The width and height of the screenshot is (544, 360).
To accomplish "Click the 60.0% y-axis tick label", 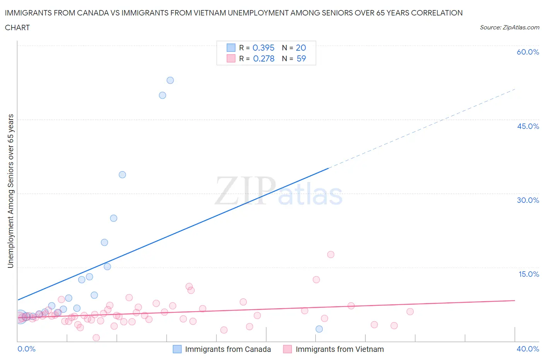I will click(528, 52).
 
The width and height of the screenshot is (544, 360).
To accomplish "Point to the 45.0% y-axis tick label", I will click(528, 126).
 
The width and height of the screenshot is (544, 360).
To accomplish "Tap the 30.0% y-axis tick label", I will click(528, 200).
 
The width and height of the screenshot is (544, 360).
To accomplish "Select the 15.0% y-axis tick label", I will click(529, 274).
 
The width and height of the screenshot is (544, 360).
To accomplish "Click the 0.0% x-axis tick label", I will click(26, 349).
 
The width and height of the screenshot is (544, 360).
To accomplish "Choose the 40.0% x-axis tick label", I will click(528, 349).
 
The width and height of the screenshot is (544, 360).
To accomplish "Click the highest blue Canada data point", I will click(170, 81).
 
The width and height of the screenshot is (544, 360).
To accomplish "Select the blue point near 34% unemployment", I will click(122, 175).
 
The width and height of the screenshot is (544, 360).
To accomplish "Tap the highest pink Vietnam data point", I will click(331, 254).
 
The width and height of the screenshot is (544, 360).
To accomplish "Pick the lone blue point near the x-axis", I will click(319, 329).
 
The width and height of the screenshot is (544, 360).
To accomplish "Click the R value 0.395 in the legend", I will click(263, 48).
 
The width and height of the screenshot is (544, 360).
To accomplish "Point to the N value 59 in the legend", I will click(301, 58).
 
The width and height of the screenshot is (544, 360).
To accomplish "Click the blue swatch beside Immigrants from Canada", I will click(177, 349).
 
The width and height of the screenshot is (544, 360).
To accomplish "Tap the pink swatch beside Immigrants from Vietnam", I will click(287, 349).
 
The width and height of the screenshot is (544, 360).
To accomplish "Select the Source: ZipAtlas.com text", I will click(509, 27).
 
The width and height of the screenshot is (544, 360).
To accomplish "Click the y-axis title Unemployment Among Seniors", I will click(11, 191).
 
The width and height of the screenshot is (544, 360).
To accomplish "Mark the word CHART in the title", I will click(17, 27).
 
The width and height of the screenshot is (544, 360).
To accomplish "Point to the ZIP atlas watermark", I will click(279, 191).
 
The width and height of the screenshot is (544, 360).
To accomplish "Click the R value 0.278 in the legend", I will click(263, 58).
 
